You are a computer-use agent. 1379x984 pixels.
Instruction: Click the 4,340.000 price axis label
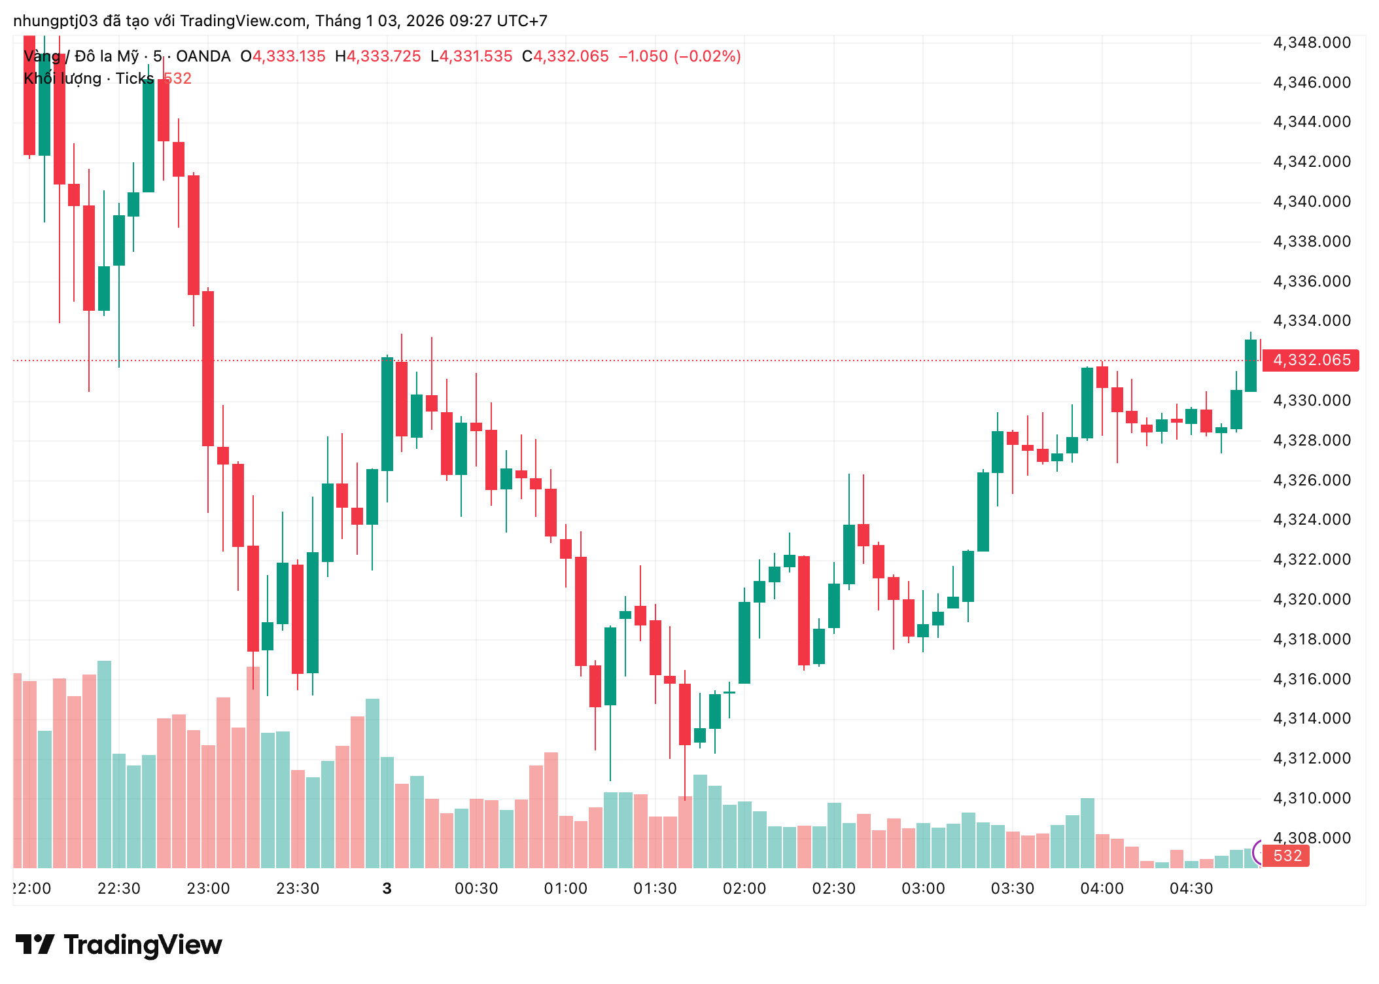(1312, 202)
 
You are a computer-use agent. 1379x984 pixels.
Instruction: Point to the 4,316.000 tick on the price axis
(1312, 679)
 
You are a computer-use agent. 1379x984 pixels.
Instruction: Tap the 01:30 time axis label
(655, 888)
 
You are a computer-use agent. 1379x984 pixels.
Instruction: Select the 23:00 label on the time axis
(208, 888)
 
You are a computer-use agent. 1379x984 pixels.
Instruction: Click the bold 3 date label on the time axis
(387, 888)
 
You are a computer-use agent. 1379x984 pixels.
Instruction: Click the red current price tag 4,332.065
(1310, 360)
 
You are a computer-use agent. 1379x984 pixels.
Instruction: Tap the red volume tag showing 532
(1287, 856)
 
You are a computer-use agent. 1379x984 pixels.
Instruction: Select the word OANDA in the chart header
(203, 56)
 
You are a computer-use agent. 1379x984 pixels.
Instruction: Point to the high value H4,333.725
(377, 56)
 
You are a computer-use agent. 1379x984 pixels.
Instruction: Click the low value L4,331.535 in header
(471, 56)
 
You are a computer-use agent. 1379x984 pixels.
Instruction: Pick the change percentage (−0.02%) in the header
(707, 56)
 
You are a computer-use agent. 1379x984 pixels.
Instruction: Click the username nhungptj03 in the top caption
(56, 21)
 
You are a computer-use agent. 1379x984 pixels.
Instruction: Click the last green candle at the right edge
(1250, 365)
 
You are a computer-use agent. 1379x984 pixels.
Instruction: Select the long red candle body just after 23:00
(208, 368)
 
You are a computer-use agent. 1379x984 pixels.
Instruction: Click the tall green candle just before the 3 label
(387, 413)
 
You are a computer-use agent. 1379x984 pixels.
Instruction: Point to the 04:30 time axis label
(1191, 888)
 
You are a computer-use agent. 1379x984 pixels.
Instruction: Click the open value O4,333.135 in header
(283, 56)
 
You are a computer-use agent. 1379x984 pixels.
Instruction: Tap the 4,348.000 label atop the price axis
(1312, 43)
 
